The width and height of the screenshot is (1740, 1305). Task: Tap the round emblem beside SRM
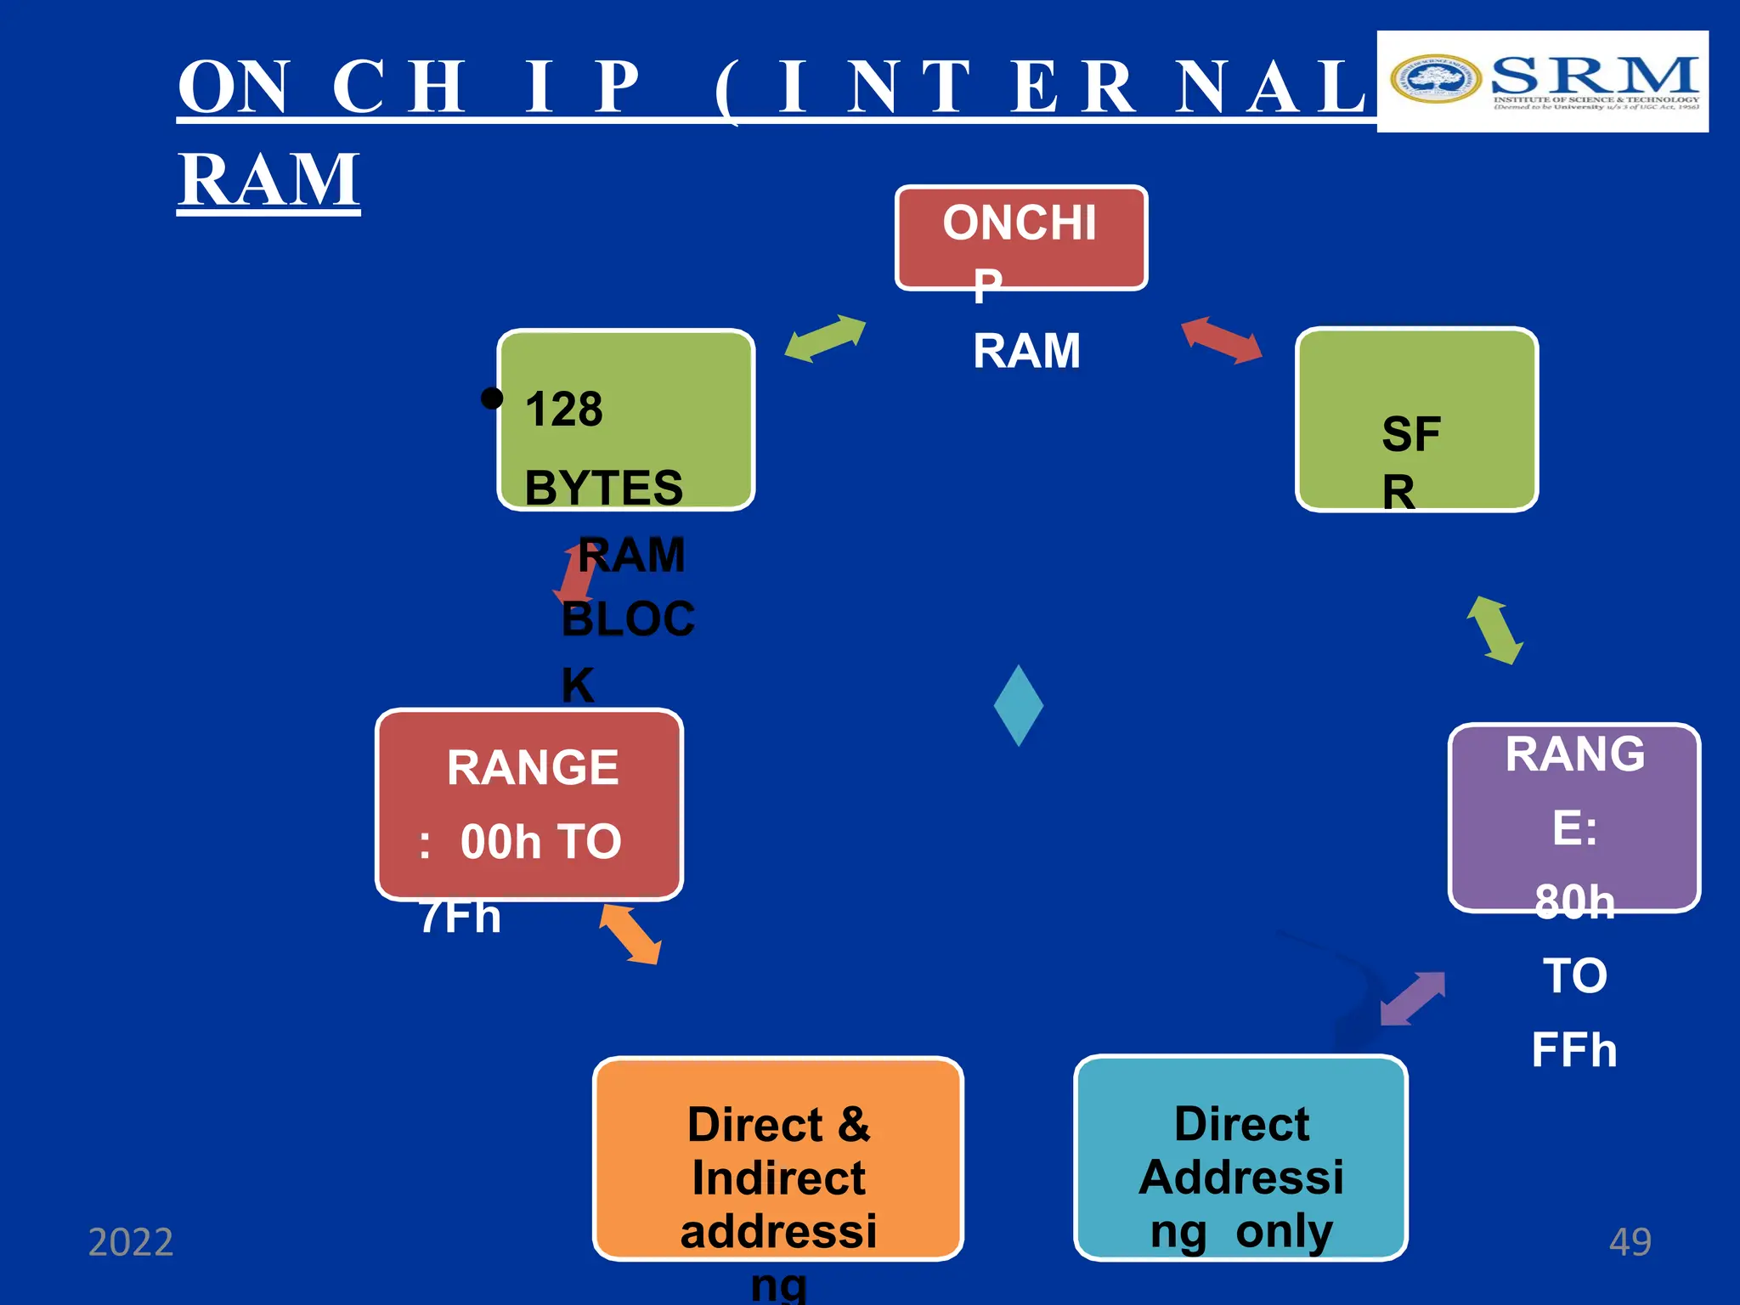[1434, 79]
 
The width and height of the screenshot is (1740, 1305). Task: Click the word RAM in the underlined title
[268, 179]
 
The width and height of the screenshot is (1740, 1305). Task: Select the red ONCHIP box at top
[1020, 237]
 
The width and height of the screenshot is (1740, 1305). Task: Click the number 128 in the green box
[563, 410]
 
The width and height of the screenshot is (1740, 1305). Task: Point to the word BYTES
[603, 488]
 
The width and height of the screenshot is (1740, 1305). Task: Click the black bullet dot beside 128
[491, 398]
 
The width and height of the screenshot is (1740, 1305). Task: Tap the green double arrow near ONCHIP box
[824, 338]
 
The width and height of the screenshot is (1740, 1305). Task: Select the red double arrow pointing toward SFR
[1221, 340]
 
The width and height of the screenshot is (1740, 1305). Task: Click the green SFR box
[1415, 420]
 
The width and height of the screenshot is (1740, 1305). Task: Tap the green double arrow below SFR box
[1494, 630]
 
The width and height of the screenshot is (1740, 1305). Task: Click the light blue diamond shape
[1018, 705]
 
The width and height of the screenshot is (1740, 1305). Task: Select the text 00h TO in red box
[540, 842]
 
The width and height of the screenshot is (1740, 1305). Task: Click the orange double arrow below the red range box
[630, 935]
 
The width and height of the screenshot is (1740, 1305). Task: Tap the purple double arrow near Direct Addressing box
[1412, 998]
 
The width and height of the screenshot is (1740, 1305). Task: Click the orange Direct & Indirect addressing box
[777, 1158]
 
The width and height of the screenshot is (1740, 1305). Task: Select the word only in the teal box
[1284, 1231]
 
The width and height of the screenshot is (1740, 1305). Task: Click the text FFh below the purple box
[1573, 1050]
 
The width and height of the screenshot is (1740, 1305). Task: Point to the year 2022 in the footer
[131, 1242]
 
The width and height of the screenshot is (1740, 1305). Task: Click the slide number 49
[1630, 1242]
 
